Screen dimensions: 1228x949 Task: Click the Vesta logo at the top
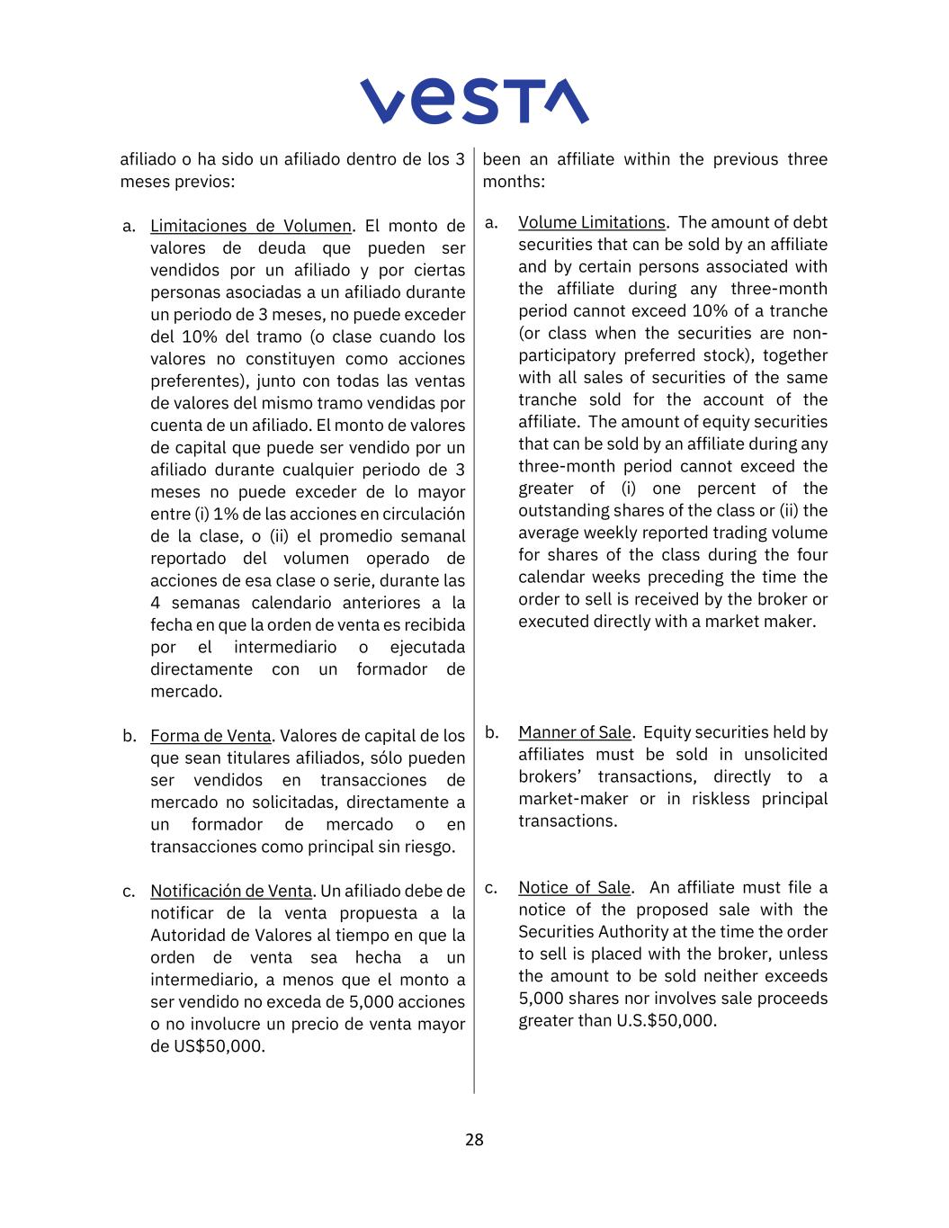(x=474, y=101)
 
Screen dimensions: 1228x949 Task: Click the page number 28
(x=474, y=1140)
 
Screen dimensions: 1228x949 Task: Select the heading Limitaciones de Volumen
(x=251, y=226)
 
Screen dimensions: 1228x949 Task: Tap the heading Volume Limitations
(x=592, y=222)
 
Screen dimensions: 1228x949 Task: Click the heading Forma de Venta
(x=210, y=736)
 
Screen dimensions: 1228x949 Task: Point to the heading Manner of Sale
(x=575, y=732)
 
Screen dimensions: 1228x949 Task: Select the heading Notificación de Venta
(x=231, y=891)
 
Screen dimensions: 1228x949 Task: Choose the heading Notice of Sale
(x=575, y=887)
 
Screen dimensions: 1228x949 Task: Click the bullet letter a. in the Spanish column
(x=130, y=226)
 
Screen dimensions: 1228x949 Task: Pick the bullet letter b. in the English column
(x=492, y=732)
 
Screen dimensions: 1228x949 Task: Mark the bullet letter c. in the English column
(x=491, y=887)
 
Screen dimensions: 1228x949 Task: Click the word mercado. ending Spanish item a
(x=186, y=691)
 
